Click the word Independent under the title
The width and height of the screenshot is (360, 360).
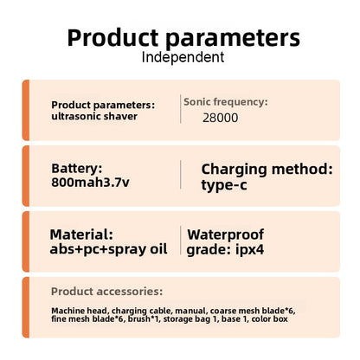(183, 57)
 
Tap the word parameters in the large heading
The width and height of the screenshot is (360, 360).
(233, 39)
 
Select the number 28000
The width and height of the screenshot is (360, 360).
(221, 118)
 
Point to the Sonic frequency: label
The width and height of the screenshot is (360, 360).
(226, 102)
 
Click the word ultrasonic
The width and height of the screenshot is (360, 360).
(76, 116)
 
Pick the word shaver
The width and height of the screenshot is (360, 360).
(120, 116)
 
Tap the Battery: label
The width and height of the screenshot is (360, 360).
(77, 169)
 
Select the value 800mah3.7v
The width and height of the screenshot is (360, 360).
(90, 183)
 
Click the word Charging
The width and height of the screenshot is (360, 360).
(234, 170)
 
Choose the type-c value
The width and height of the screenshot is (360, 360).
(224, 184)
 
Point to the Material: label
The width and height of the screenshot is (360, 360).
(81, 235)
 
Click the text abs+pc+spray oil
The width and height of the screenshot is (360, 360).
(108, 249)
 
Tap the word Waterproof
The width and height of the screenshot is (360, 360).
(226, 235)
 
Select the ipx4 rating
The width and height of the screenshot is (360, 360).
(250, 250)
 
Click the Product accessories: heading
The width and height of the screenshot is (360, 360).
(106, 292)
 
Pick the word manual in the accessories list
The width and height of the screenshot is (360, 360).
(190, 311)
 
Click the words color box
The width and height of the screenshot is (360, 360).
(270, 319)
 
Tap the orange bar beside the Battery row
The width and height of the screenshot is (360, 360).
(26, 176)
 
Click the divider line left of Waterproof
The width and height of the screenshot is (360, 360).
(181, 241)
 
